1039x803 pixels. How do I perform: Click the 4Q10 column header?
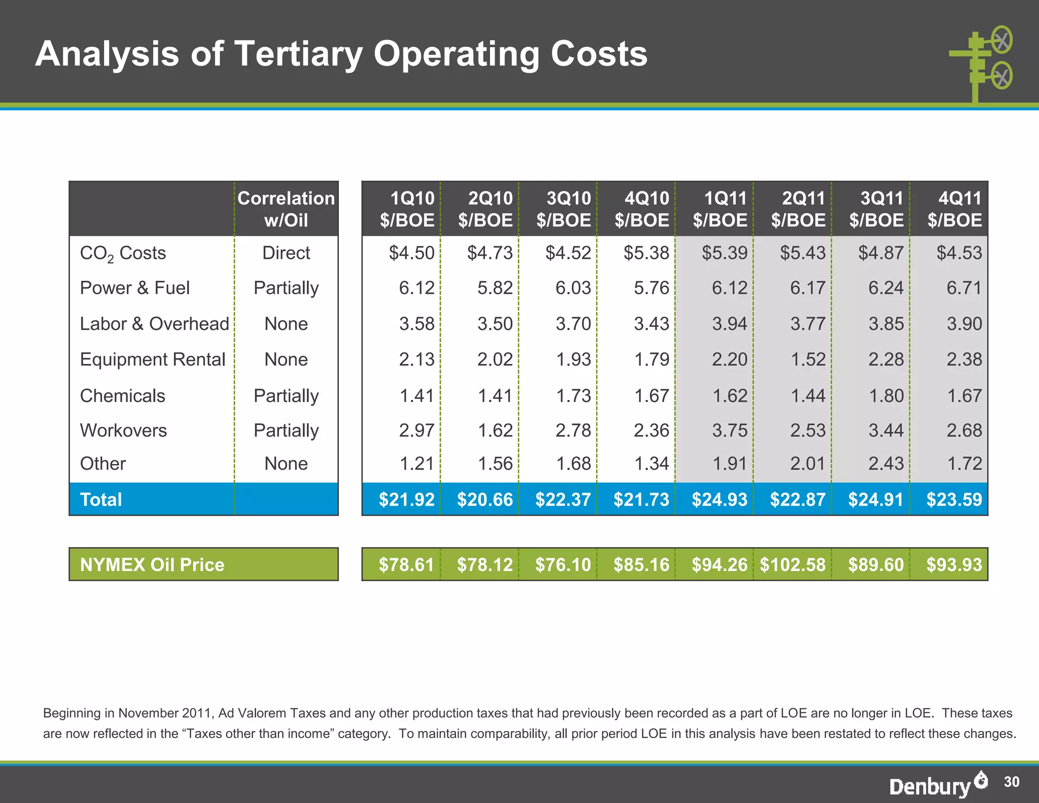click(x=642, y=209)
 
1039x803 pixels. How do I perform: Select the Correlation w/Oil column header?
click(x=286, y=209)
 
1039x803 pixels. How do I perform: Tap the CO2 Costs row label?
click(x=123, y=253)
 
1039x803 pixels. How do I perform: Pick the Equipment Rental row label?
click(x=152, y=359)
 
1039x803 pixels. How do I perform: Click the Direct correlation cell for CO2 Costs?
click(x=286, y=253)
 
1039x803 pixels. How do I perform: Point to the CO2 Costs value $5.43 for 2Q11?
click(x=803, y=253)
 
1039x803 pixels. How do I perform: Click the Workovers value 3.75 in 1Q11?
click(x=730, y=430)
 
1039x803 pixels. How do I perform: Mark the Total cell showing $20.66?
click(x=484, y=499)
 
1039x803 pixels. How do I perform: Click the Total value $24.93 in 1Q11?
click(x=719, y=499)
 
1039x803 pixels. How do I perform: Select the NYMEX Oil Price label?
click(x=152, y=564)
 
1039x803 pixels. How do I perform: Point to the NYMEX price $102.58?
click(x=792, y=564)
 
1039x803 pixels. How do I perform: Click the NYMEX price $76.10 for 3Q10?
click(x=563, y=564)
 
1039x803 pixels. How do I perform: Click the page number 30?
click(x=1012, y=782)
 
